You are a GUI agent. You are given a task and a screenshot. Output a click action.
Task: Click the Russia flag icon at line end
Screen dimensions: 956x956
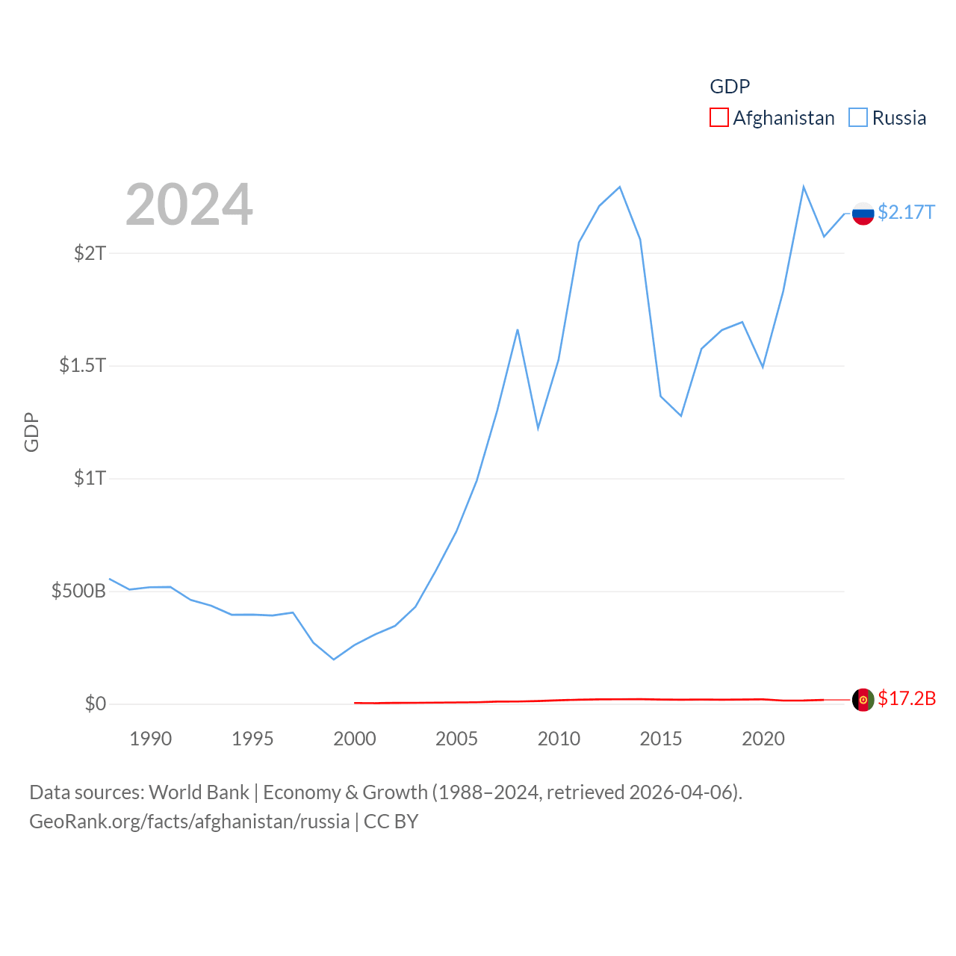863,214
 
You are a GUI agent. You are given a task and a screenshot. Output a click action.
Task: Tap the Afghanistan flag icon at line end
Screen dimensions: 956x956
863,700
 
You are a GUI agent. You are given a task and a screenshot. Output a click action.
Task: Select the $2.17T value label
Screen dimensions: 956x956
906,213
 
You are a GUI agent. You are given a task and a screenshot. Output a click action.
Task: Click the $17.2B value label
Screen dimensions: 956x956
907,699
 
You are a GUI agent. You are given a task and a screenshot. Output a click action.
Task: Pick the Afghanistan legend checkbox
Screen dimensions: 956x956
718,118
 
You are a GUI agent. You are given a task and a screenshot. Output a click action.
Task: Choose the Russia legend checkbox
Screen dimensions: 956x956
858,118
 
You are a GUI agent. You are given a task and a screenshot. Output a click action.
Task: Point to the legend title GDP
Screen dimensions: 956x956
730,87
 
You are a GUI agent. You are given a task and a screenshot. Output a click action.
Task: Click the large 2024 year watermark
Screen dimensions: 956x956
189,205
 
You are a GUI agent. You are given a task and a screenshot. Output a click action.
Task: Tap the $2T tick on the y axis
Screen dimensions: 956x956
90,253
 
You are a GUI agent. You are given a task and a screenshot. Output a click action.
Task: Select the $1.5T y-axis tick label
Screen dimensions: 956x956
83,366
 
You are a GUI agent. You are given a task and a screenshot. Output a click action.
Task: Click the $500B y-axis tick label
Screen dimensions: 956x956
78,592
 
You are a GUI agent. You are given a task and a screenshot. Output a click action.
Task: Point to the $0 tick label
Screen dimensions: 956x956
95,704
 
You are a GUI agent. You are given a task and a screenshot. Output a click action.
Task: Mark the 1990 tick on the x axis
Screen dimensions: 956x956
150,739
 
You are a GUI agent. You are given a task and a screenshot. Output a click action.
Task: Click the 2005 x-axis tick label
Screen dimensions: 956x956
456,739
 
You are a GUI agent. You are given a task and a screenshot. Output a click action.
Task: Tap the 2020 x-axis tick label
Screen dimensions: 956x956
763,739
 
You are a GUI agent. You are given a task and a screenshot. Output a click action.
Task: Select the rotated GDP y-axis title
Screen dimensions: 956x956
31,432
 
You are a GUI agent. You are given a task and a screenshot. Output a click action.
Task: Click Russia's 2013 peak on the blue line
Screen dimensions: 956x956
620,187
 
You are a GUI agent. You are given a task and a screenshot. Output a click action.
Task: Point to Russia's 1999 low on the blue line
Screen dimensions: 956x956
334,659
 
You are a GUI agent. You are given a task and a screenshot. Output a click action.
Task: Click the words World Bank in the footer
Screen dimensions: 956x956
199,792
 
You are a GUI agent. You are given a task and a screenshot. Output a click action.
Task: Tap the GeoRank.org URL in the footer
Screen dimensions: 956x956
189,822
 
